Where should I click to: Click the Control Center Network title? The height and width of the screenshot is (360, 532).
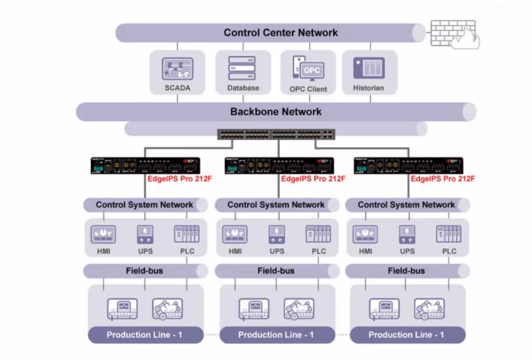[x=281, y=33]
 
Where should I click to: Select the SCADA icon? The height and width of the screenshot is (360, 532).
[x=177, y=69]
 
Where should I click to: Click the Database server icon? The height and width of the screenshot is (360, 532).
[x=242, y=68]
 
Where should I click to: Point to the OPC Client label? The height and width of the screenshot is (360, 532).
[x=308, y=89]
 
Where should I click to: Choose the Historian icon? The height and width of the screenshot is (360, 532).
[x=368, y=68]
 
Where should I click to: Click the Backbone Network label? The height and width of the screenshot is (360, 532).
[x=276, y=112]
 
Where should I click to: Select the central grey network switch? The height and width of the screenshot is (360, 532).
[x=276, y=134]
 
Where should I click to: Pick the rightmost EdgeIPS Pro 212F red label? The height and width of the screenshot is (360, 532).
[x=443, y=179]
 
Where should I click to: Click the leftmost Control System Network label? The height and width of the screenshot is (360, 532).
[x=145, y=205]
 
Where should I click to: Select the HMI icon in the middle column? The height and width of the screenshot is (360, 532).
[x=235, y=234]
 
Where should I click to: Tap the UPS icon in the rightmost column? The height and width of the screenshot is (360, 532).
[x=407, y=234]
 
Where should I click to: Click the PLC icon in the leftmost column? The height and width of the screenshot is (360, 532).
[x=187, y=234]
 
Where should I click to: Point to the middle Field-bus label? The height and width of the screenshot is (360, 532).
[x=276, y=271]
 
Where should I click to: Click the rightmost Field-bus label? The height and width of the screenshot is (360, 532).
[x=406, y=271]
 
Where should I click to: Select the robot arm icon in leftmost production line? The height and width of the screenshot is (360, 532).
[x=167, y=309]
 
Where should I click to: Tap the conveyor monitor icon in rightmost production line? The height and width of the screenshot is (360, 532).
[x=384, y=309]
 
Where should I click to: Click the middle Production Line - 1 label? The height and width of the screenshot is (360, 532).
[x=276, y=335]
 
